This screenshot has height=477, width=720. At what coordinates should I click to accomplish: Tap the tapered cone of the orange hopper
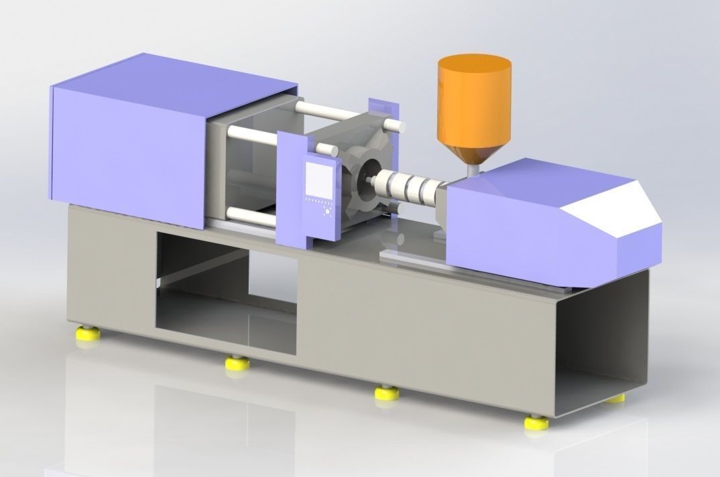point(472,151)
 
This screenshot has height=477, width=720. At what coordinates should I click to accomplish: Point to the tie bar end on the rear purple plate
point(398,125)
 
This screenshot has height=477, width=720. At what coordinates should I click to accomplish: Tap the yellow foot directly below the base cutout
point(237,363)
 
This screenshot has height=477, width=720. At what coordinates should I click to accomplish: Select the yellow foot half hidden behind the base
point(615,399)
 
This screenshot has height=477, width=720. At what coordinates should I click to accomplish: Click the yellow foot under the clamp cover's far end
point(86,332)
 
